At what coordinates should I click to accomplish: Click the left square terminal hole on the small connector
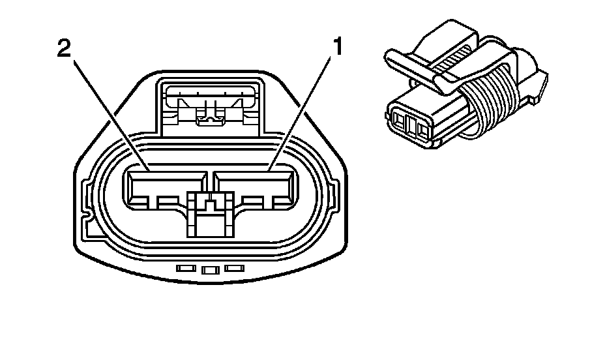coord(399,121)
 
